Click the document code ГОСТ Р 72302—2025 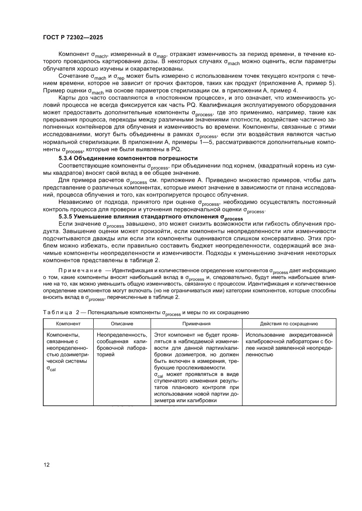point(73,38)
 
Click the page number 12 point(46,464)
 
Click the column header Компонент point(67,324)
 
